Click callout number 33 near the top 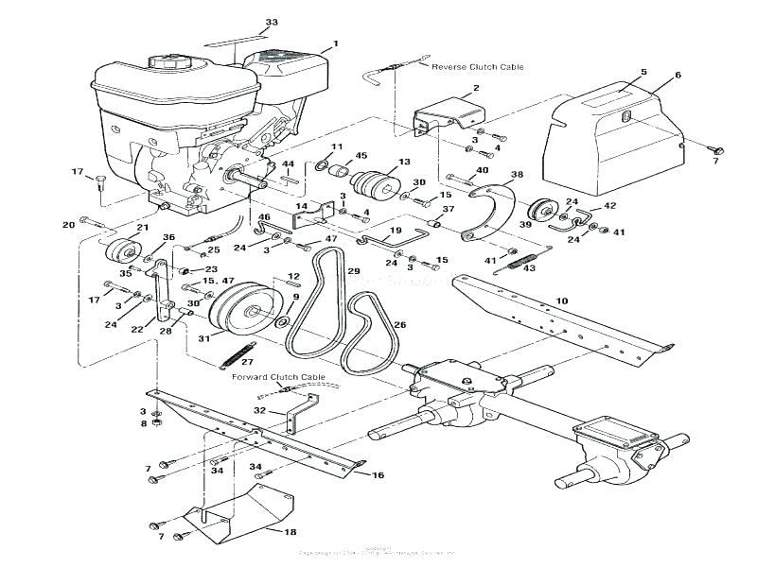tap(272, 22)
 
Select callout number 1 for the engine tap(334, 44)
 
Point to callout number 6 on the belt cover tap(678, 74)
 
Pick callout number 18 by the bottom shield tap(275, 532)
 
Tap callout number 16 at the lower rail tap(378, 474)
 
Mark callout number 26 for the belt tap(399, 324)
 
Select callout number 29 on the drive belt tap(354, 271)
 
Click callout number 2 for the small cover tap(476, 88)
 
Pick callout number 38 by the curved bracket tap(516, 175)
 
